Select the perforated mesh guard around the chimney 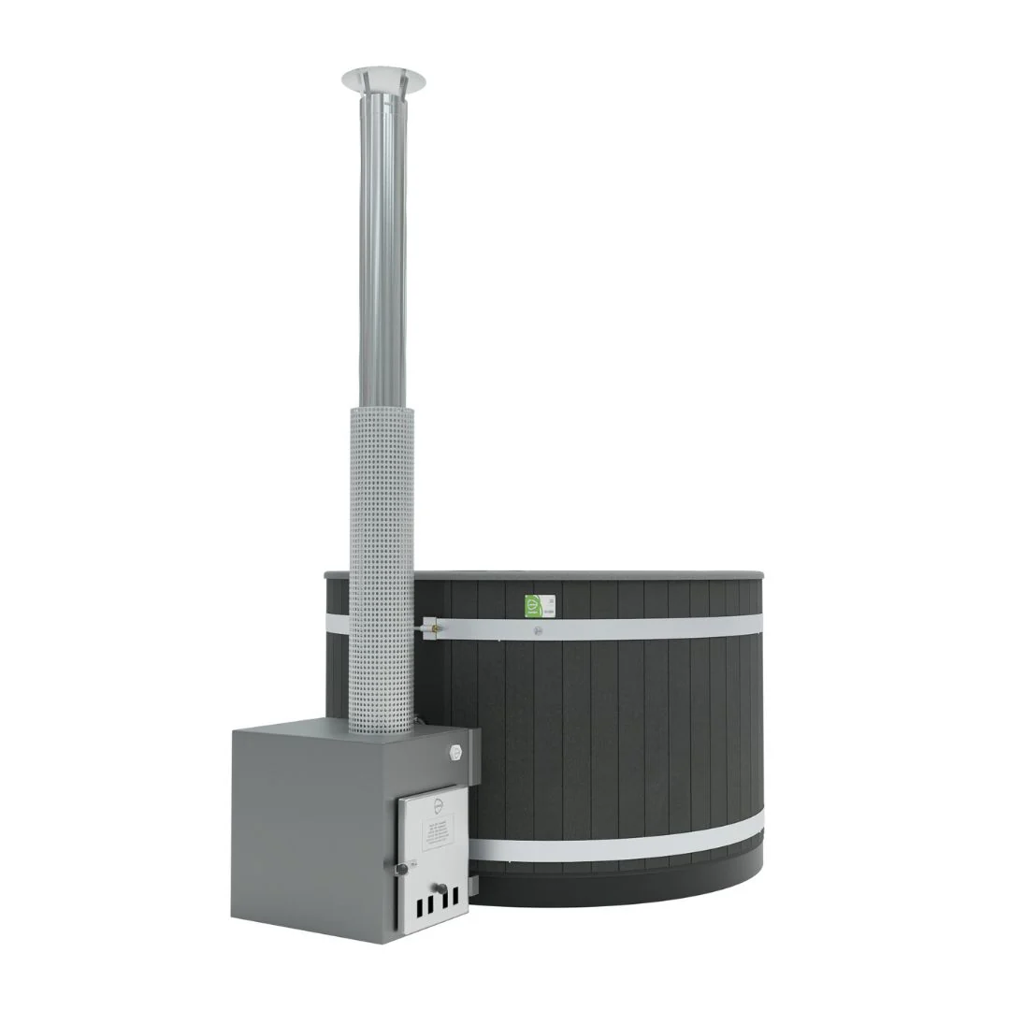[382, 561]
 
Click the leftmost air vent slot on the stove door [420, 908]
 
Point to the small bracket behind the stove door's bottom [472, 883]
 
